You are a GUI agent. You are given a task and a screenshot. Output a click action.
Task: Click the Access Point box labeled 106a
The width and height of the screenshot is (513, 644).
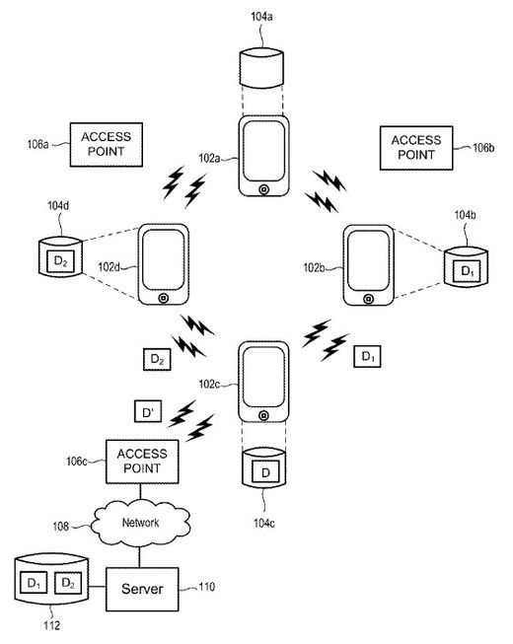coord(106,145)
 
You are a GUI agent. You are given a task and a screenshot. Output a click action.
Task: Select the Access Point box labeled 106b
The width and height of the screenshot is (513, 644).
coord(416,148)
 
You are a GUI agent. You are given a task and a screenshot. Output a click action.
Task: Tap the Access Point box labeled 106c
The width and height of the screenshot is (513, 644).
coord(142,462)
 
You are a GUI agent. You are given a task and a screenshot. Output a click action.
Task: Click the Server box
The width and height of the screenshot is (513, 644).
coord(142,590)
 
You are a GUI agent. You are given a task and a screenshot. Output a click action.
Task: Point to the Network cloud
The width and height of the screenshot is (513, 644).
coord(140,523)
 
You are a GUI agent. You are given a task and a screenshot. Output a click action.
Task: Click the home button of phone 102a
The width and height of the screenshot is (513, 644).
coord(264,189)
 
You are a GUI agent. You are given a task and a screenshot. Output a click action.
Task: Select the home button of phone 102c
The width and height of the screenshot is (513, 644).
coord(264,415)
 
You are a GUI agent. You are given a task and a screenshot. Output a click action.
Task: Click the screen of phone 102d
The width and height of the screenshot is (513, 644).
coord(164,259)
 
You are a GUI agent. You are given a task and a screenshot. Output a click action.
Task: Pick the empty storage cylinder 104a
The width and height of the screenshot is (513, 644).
coord(261,68)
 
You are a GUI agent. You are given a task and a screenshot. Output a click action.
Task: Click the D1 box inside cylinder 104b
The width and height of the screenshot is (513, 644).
coord(467,271)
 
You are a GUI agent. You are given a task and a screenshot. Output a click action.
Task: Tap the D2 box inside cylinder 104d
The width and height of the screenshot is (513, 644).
coord(61,261)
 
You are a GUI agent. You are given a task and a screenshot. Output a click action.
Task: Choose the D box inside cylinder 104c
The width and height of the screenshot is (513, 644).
coord(265,472)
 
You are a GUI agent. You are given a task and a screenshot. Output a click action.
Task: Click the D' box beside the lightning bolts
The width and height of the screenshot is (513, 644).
coord(148,411)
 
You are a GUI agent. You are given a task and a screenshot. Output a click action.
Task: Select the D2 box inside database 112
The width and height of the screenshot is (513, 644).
coord(68,583)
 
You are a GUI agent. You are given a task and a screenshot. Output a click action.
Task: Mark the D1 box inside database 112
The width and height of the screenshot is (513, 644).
coord(34,583)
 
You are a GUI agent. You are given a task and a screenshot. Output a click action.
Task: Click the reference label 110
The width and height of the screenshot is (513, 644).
coord(206,587)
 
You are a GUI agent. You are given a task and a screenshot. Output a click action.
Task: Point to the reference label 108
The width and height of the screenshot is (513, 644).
coord(61,526)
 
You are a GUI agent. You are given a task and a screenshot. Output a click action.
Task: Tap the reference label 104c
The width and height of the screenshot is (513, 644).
coord(264,523)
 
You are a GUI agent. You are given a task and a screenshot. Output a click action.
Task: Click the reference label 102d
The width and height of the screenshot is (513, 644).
coord(109,267)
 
